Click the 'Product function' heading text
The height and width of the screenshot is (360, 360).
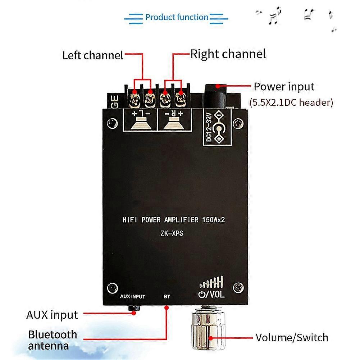tap(177, 17)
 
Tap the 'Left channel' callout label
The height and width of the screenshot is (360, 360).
tap(92, 55)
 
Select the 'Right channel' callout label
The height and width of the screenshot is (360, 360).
tap(228, 54)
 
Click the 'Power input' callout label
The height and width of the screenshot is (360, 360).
tap(284, 87)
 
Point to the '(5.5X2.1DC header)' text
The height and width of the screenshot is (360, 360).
tap(291, 102)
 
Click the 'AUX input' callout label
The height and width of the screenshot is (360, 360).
tap(52, 315)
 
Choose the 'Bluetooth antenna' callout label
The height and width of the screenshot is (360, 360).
tap(53, 340)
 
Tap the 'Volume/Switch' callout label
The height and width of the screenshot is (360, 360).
tap(292, 337)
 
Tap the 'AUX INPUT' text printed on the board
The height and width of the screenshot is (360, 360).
tap(133, 297)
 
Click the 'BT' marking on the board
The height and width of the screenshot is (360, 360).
tap(167, 297)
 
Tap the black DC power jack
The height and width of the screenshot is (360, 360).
tap(215, 94)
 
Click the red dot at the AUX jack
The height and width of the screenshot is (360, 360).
tap(134, 313)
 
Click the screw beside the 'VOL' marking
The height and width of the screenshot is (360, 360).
tap(238, 287)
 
